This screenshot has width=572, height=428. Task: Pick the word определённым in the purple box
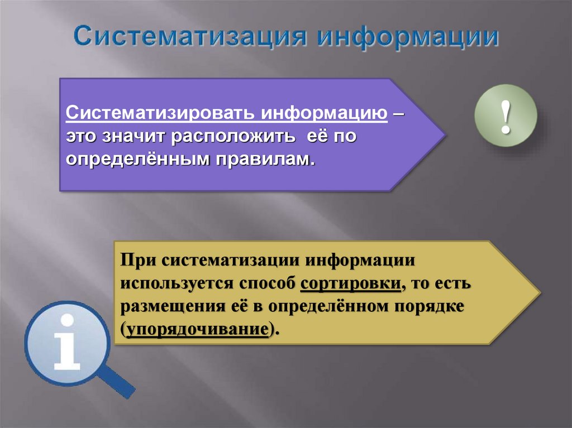click(137, 159)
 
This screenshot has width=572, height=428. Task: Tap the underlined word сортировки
click(351, 283)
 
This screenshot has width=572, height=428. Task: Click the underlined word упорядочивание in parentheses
click(196, 329)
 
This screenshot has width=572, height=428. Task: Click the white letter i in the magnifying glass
click(67, 343)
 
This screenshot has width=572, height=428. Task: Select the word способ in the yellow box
click(266, 283)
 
